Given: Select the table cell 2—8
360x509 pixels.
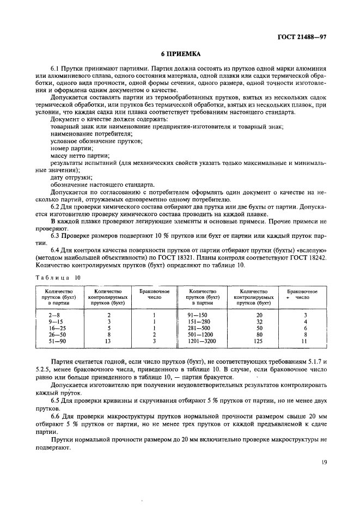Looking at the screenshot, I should pos(54,315).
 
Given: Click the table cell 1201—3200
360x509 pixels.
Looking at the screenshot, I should pos(202,341).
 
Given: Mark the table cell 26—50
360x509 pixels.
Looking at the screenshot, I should pos(54,335).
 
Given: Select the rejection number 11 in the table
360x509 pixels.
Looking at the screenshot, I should pos(304,341).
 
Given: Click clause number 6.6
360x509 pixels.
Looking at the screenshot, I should pos(56,415).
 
